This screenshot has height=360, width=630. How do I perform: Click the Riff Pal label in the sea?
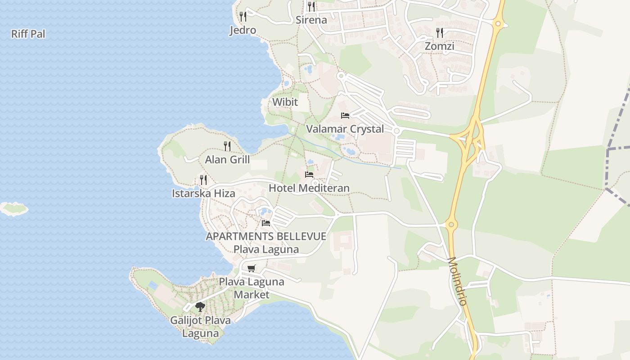(x=28, y=34)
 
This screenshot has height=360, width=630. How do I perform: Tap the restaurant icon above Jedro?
(x=243, y=17)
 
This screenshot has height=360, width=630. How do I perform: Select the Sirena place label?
(x=311, y=20)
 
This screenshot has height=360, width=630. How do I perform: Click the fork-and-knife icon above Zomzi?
(x=440, y=32)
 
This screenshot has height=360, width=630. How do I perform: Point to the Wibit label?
(x=285, y=102)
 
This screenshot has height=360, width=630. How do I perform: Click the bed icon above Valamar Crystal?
(x=345, y=115)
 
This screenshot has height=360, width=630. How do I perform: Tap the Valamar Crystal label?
(x=345, y=129)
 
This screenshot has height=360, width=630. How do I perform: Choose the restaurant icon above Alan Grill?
(x=227, y=146)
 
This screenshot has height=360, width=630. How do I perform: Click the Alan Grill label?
(x=227, y=159)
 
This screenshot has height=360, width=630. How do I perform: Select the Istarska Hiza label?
(x=203, y=193)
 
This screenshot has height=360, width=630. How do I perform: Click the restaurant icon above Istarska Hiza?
(x=203, y=180)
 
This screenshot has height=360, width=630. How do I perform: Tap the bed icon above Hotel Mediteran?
(x=309, y=174)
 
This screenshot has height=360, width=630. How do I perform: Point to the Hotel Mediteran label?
(x=309, y=188)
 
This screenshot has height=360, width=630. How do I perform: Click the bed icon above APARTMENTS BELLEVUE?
(x=266, y=223)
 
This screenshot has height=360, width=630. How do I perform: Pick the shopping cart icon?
(x=252, y=268)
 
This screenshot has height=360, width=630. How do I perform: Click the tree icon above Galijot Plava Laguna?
(x=200, y=307)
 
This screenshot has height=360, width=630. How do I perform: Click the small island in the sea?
(x=13, y=208)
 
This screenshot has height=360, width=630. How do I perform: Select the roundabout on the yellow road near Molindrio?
(x=451, y=224)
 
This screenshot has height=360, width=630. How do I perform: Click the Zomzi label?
(x=440, y=46)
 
